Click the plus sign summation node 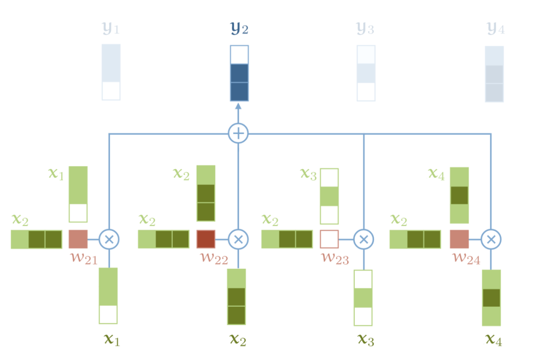point(238,133)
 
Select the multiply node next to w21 point(109,240)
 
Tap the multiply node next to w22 point(238,240)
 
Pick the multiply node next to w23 point(364,240)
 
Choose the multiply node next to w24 point(491,240)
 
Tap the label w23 point(334,258)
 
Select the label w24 point(463,258)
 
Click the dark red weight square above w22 point(206,239)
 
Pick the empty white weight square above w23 point(329,239)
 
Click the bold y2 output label point(238,29)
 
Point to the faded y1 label point(111,29)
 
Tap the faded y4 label point(495,29)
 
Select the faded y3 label point(366,29)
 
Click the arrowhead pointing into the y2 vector point(238,106)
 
